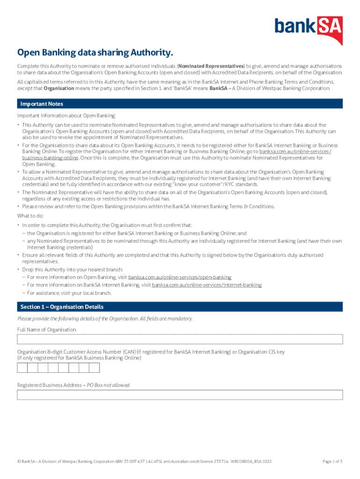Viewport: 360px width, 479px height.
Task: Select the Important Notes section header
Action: coord(42,104)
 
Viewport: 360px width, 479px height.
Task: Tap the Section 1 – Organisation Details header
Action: coord(62,307)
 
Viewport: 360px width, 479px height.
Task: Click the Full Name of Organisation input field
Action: coord(180,339)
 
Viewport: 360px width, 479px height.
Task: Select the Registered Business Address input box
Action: coord(180,395)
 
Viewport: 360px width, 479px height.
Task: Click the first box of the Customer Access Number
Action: coord(22,368)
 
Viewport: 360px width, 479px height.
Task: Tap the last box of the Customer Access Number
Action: coord(94,368)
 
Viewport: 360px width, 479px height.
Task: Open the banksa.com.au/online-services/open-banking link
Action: coord(180,277)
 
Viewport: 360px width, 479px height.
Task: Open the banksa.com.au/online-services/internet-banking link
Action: coord(207,285)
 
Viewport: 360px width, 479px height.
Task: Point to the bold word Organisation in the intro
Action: coord(58,88)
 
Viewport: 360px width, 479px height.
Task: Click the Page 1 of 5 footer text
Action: coord(332,461)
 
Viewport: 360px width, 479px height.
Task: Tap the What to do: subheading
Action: coord(30,216)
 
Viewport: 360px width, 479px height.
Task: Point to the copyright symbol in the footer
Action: coord(19,461)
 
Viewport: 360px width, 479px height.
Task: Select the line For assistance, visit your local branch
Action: coord(69,293)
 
